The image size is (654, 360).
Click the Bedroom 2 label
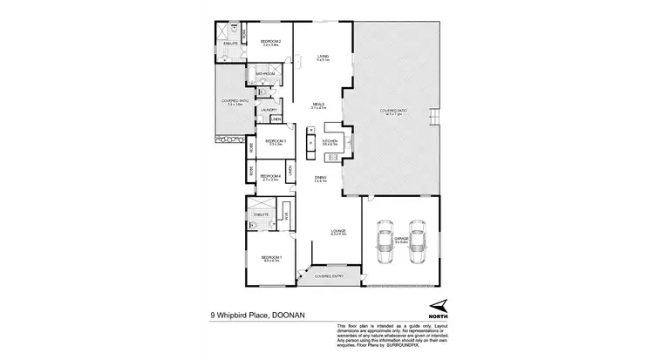point(271,43)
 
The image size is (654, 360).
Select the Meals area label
point(318,105)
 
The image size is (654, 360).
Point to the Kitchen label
point(330,141)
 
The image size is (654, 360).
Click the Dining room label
point(320,179)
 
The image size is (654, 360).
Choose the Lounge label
point(339,232)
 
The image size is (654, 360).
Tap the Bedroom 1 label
point(271,257)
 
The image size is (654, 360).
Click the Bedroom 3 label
point(275,141)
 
